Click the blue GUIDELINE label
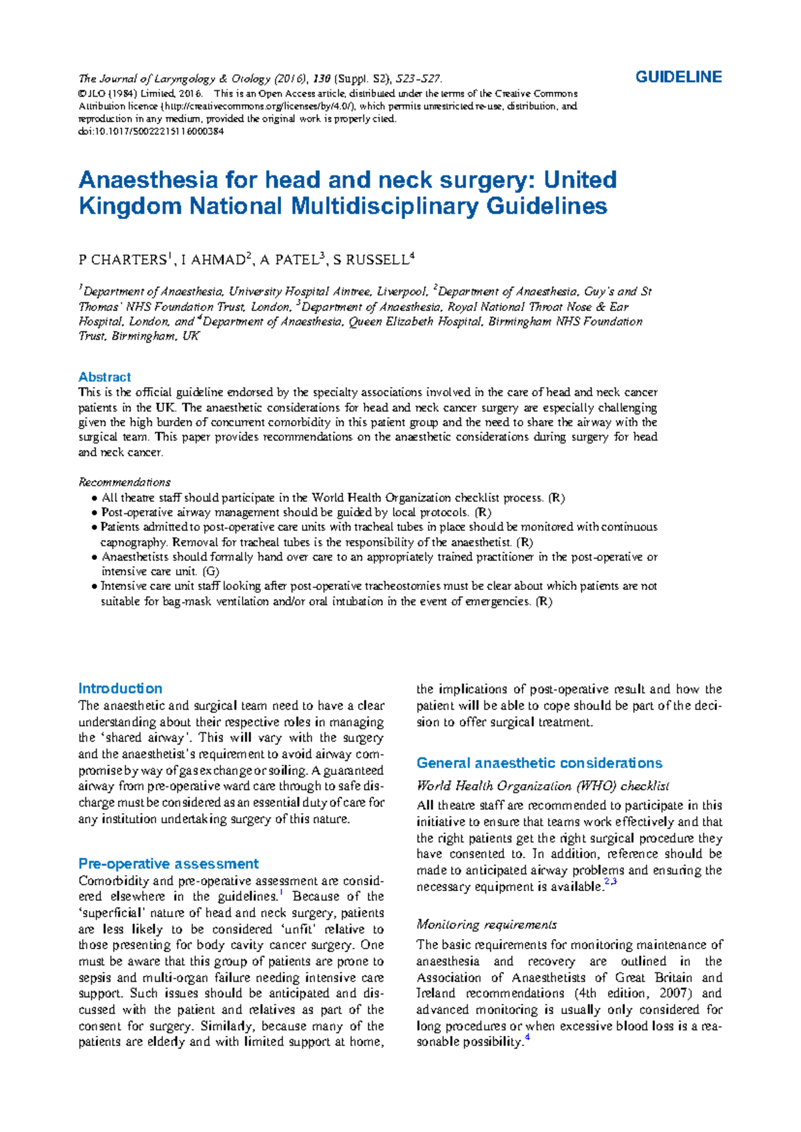coord(678,77)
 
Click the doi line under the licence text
coord(151,131)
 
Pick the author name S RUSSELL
coord(370,260)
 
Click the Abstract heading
coord(105,377)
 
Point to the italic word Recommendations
coord(125,482)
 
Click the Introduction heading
coord(120,689)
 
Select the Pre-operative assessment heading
coord(168,864)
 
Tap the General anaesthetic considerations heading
coord(539,763)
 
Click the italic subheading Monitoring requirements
coord(487,924)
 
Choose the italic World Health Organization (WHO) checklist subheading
coord(543,786)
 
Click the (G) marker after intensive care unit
coord(210,571)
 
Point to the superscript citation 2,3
coord(610,882)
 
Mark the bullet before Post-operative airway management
coord(94,513)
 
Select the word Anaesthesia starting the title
coord(148,180)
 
